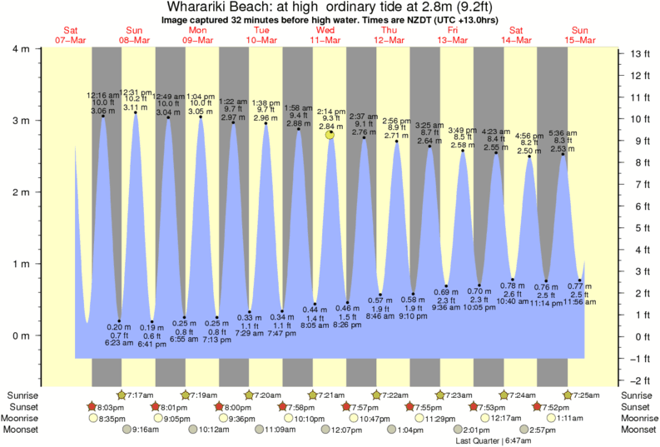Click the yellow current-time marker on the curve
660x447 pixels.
pyautogui.click(x=330, y=134)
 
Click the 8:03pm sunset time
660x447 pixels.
pyautogui.click(x=112, y=406)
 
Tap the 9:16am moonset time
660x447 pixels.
pyautogui.click(x=145, y=430)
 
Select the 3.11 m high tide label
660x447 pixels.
pyautogui.click(x=136, y=107)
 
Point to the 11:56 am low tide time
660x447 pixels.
pyautogui.click(x=579, y=301)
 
